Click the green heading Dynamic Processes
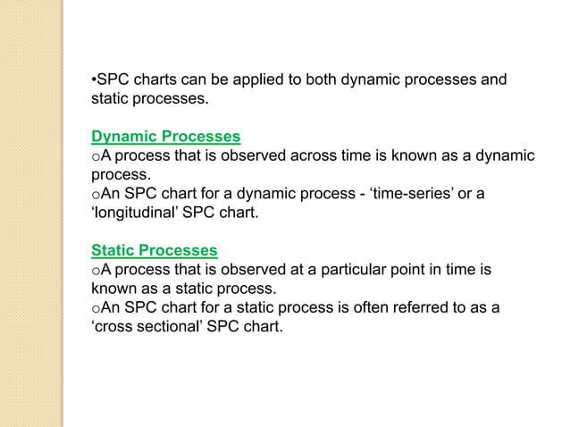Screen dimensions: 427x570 click(x=166, y=137)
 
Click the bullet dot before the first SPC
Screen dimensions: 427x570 click(x=94, y=81)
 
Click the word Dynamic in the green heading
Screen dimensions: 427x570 click(x=126, y=137)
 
